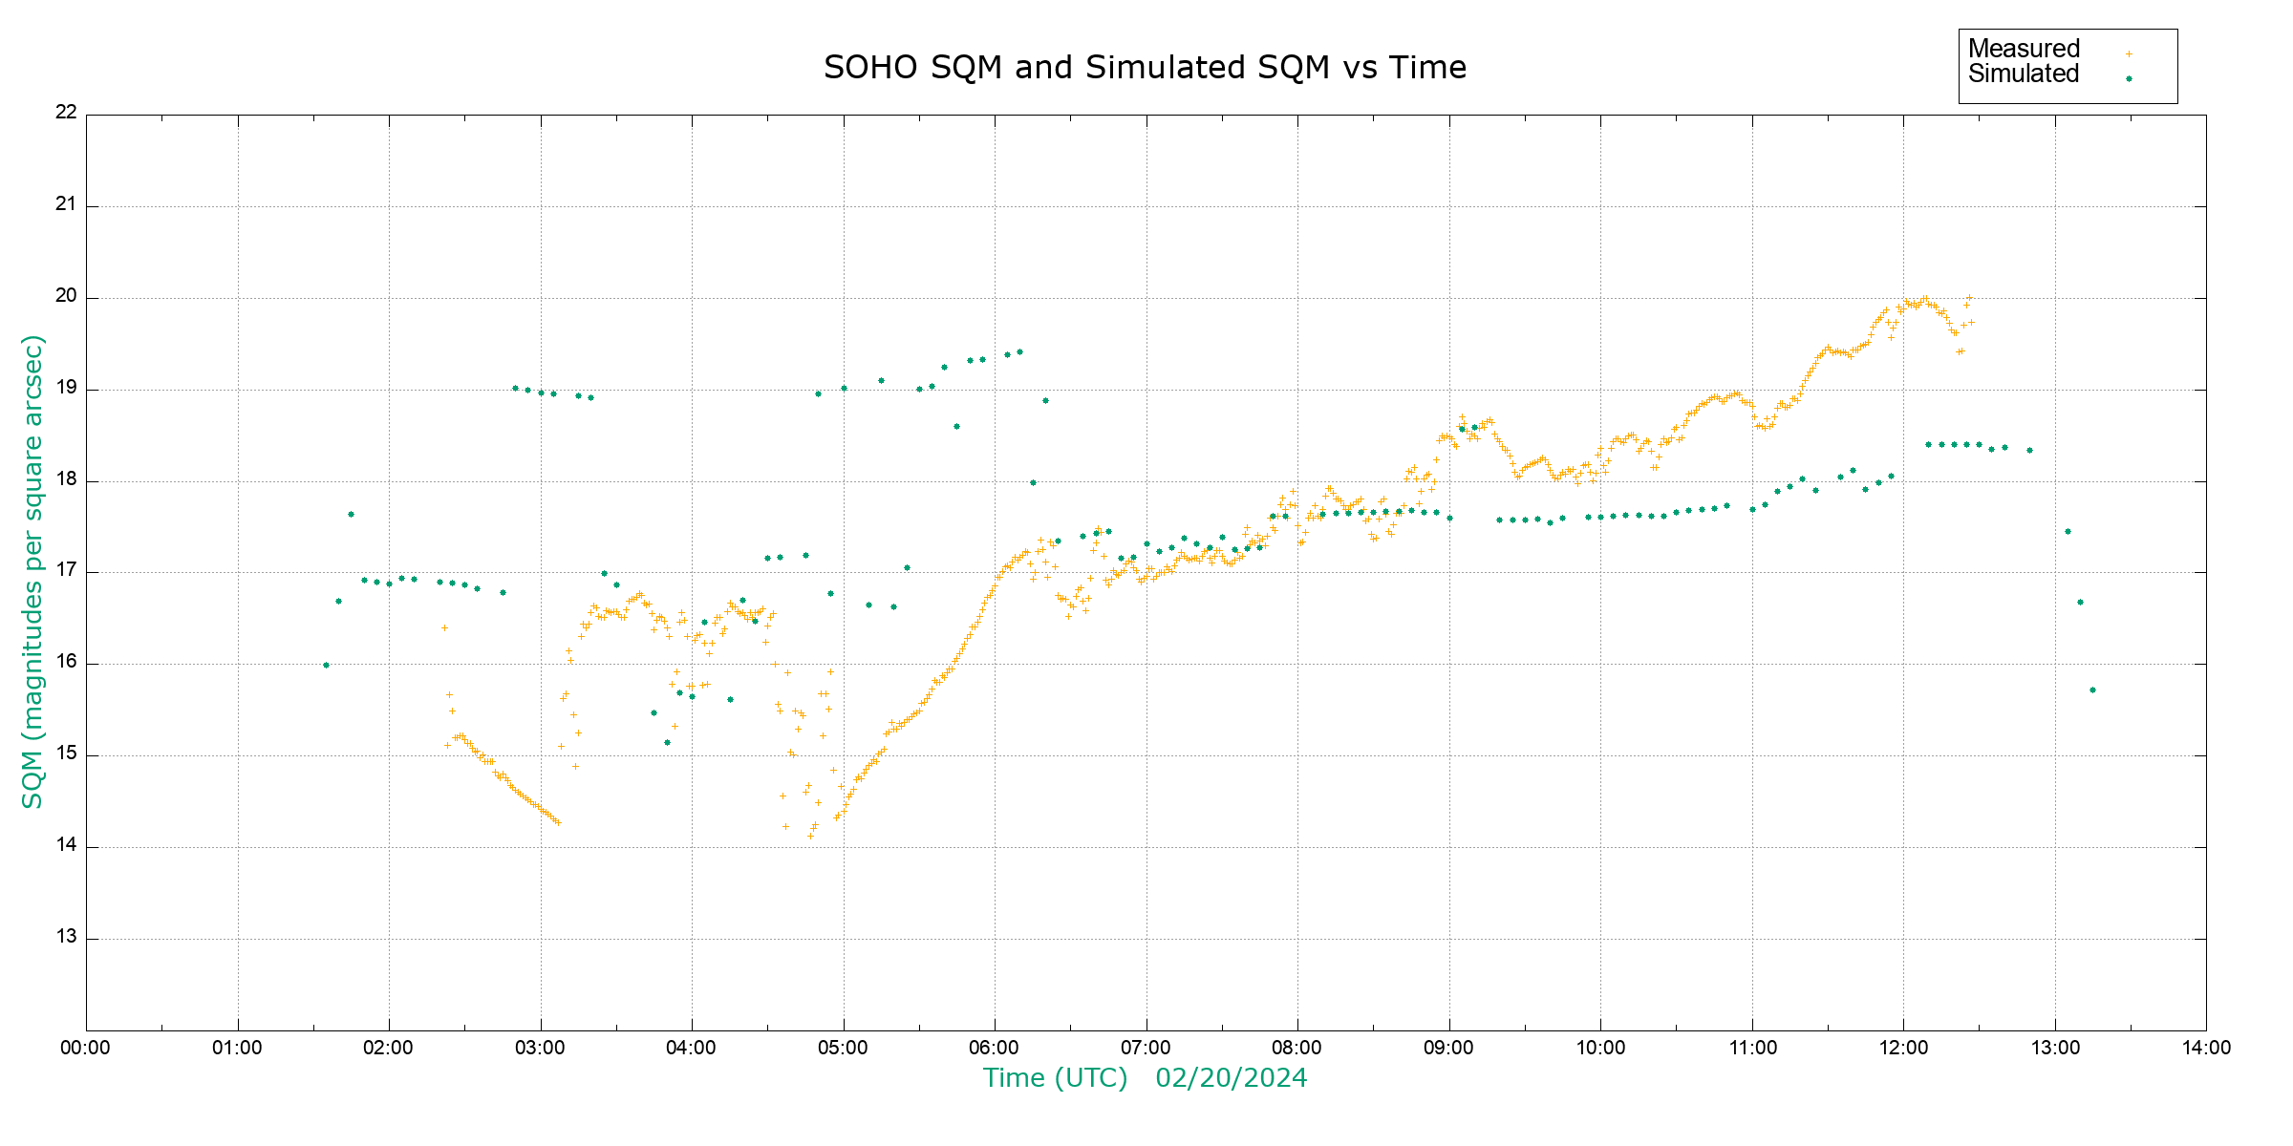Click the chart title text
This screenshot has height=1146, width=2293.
tap(1145, 68)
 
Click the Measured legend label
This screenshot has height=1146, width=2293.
tap(2024, 49)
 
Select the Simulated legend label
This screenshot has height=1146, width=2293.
tap(2024, 74)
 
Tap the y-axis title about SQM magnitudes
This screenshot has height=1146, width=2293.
tap(33, 571)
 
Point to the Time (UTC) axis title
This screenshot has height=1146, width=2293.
tap(1055, 1078)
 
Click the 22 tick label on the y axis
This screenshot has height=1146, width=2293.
tap(66, 112)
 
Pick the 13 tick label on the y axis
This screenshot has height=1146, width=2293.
tap(66, 937)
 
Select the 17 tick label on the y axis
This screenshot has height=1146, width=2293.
tap(66, 571)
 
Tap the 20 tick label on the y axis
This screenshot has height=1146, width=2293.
tap(66, 296)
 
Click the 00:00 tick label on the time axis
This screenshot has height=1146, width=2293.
tap(86, 1048)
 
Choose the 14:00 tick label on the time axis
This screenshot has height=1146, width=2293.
tap(2206, 1048)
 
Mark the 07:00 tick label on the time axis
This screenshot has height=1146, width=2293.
tap(1146, 1048)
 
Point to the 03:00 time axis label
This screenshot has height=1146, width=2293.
tap(540, 1048)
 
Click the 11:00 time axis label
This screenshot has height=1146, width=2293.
tap(1752, 1048)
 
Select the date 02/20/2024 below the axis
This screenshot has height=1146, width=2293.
tap(1231, 1078)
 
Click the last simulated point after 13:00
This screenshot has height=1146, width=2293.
tap(2092, 690)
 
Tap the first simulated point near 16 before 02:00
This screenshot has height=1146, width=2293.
tap(326, 665)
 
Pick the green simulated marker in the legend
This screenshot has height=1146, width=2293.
tap(2129, 78)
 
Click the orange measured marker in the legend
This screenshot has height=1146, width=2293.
tap(2129, 53)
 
